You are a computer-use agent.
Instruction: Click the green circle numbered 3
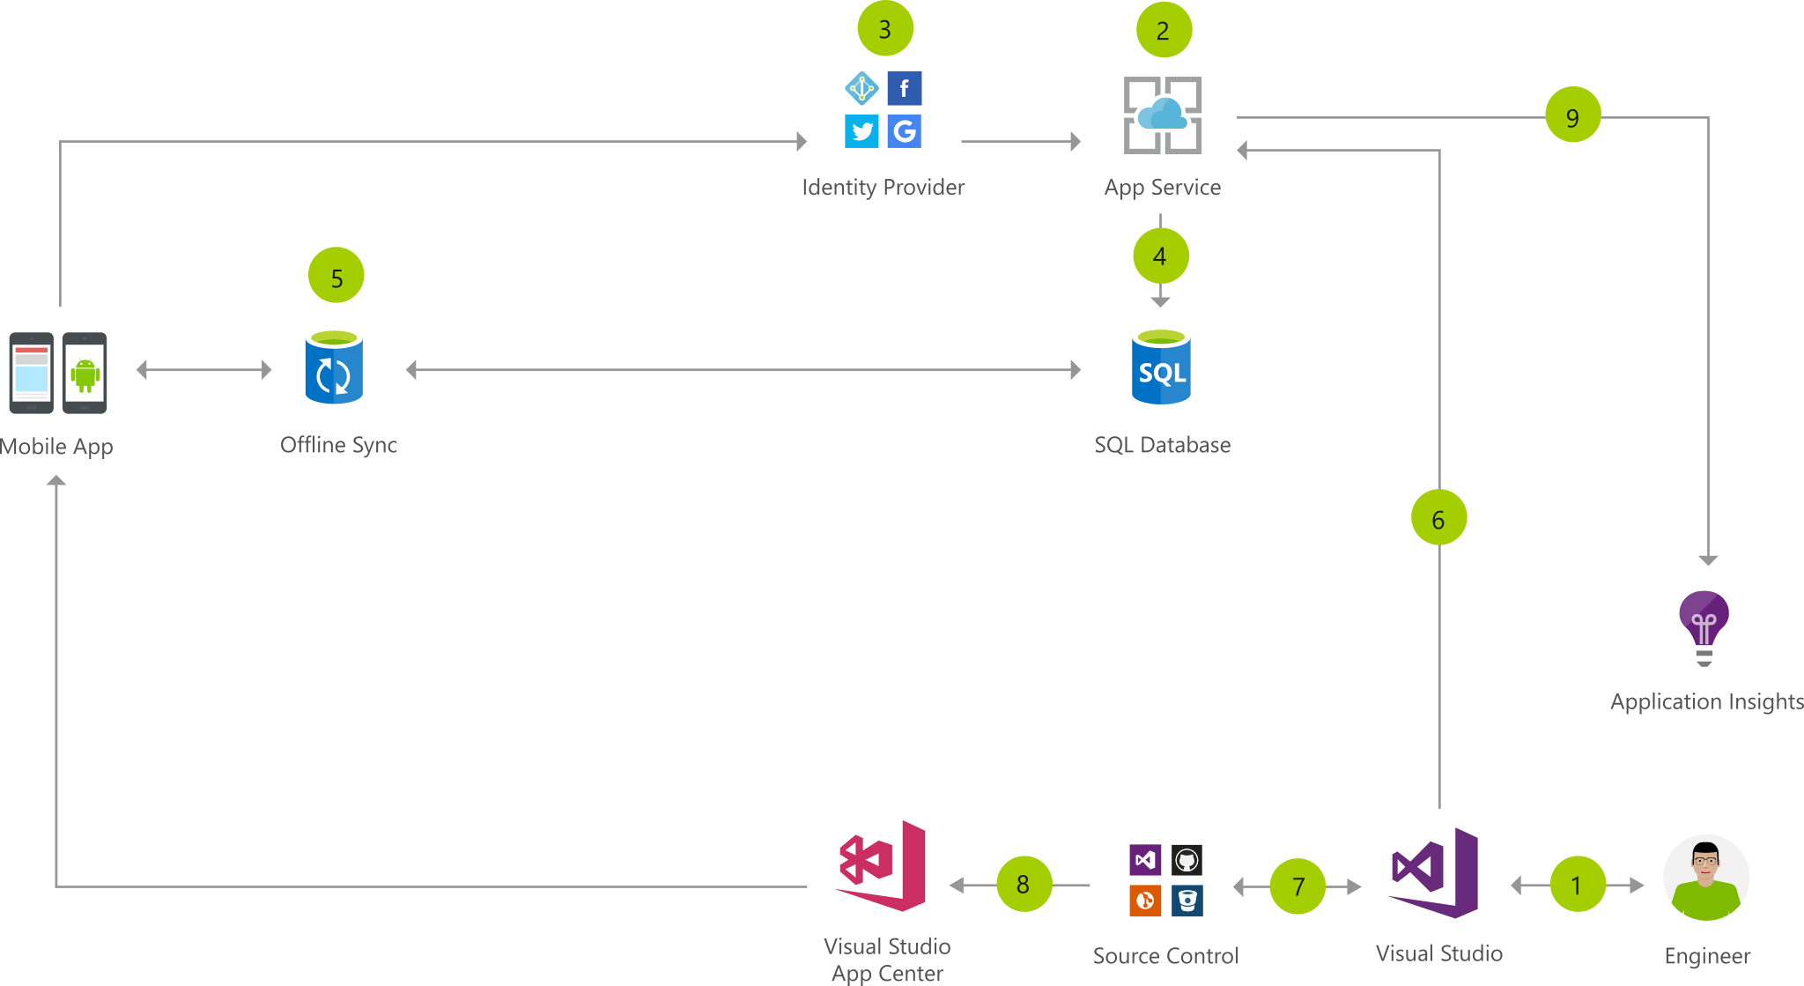[885, 29]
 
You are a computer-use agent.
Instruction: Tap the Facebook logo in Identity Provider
[905, 88]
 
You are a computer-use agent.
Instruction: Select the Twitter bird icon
[861, 131]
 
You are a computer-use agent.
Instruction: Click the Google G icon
[905, 131]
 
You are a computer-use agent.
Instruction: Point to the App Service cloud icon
[1163, 115]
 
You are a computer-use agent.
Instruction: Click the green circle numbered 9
[1573, 115]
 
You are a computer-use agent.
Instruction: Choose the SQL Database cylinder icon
[1161, 367]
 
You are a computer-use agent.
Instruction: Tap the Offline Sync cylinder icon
[334, 367]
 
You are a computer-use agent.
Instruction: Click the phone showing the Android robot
[85, 373]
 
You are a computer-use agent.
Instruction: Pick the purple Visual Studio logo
[1435, 872]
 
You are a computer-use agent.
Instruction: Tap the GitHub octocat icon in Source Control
[1187, 859]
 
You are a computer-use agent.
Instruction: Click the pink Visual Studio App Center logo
[881, 865]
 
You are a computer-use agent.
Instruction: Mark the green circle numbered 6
[1438, 518]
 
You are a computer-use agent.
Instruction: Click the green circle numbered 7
[1298, 886]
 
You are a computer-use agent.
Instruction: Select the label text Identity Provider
[883, 187]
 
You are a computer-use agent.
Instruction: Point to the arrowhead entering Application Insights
[1708, 560]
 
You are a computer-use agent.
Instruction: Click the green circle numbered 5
[336, 276]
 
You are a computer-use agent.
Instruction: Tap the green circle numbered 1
[1577, 884]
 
